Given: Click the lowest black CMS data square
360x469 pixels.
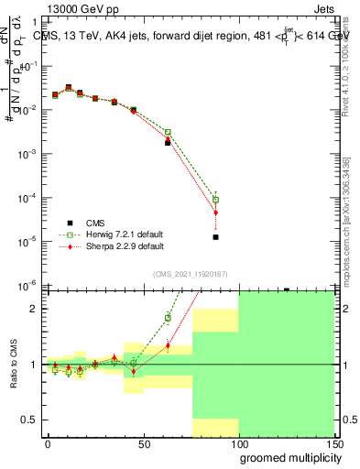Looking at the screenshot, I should [x=215, y=237].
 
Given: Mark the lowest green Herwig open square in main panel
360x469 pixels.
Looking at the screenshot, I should [x=215, y=200].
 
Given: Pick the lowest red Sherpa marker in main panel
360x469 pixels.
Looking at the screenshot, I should [x=215, y=213].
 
